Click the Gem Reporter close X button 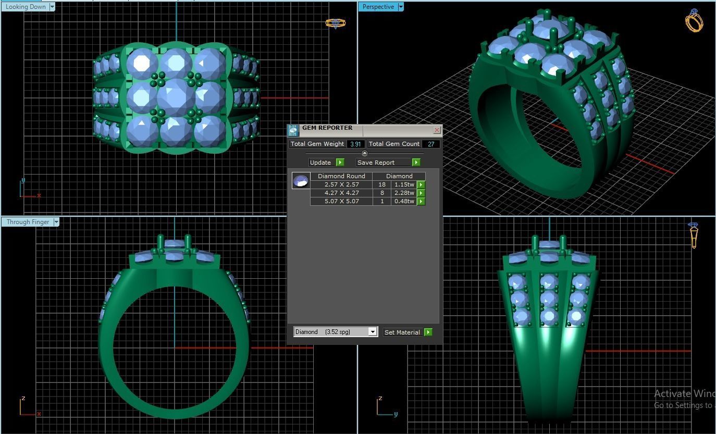(x=437, y=130)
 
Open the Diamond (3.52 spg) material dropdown (x=373, y=332)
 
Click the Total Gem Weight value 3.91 (x=355, y=144)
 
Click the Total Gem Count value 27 (x=431, y=144)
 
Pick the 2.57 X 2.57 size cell (x=341, y=184)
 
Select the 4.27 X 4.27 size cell (x=341, y=193)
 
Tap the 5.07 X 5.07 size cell (x=341, y=201)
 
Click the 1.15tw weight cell (x=404, y=184)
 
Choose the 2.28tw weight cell (x=404, y=193)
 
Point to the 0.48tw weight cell (x=404, y=201)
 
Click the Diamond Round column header (x=341, y=176)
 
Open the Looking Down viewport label (x=26, y=7)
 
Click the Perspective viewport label (x=378, y=7)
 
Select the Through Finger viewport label (x=28, y=222)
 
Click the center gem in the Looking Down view (x=176, y=97)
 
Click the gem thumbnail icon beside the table (x=301, y=181)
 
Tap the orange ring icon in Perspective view (x=694, y=21)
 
